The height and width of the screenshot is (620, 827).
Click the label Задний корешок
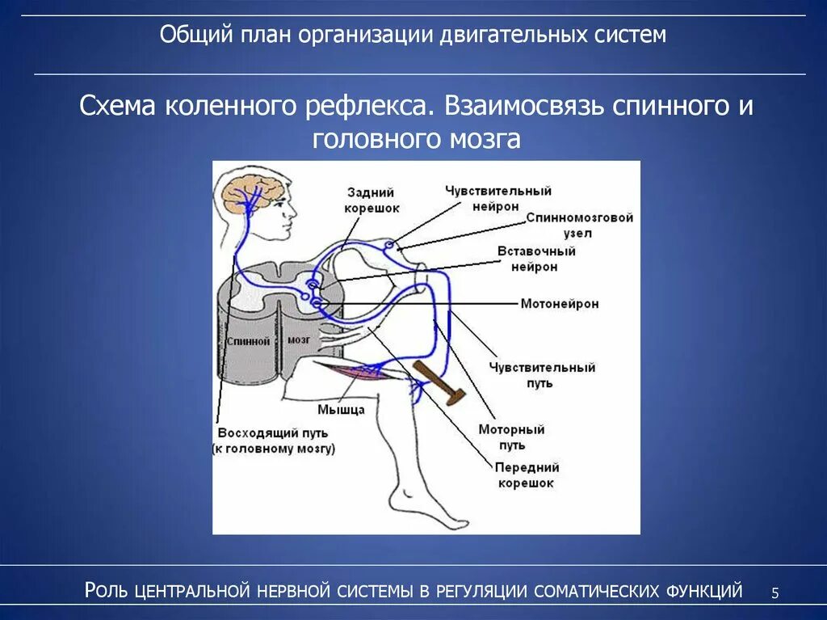click(371, 200)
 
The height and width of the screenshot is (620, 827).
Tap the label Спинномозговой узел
click(579, 226)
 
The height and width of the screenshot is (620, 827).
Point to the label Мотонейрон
click(559, 304)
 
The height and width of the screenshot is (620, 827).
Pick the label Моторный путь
click(512, 437)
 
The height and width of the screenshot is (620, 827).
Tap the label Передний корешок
click(527, 475)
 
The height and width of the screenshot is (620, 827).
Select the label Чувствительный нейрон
click(497, 199)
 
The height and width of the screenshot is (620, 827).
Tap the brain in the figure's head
click(251, 192)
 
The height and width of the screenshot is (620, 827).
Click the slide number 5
click(775, 593)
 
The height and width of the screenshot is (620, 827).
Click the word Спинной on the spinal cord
click(247, 342)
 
